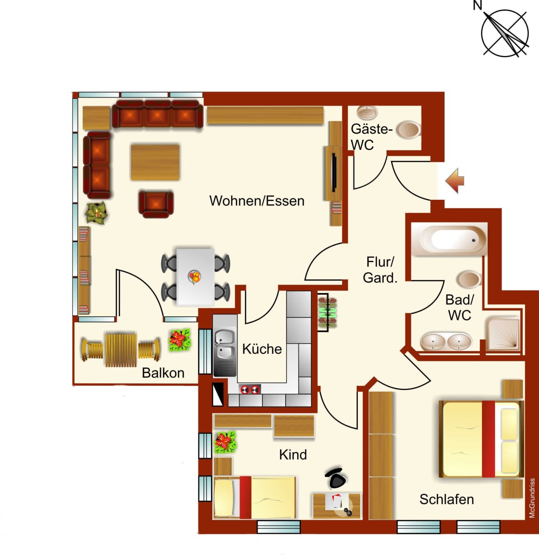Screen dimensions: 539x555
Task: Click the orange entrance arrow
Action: [x=454, y=181]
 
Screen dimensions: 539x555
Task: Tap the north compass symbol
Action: [x=504, y=33]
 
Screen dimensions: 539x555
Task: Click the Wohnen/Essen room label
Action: [x=257, y=201]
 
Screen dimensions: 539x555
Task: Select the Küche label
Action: [x=262, y=349]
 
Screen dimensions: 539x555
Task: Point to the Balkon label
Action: [x=163, y=373]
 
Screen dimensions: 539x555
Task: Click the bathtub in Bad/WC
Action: [x=449, y=239]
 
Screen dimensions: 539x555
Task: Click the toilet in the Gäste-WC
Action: [x=409, y=130]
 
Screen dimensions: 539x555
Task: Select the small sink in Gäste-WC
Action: [x=367, y=113]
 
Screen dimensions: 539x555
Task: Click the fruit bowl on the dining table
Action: [x=195, y=277]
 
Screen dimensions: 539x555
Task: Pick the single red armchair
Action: [x=156, y=204]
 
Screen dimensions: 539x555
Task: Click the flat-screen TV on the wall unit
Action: [x=334, y=173]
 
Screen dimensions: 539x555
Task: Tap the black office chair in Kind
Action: [x=336, y=478]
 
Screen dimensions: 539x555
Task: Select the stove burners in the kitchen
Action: [x=250, y=389]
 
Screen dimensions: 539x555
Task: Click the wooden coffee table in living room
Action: [x=155, y=162]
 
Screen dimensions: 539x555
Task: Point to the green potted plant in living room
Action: [x=96, y=213]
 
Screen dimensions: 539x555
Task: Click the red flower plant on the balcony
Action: [x=179, y=339]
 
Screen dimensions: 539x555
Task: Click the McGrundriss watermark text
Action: [x=532, y=498]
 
